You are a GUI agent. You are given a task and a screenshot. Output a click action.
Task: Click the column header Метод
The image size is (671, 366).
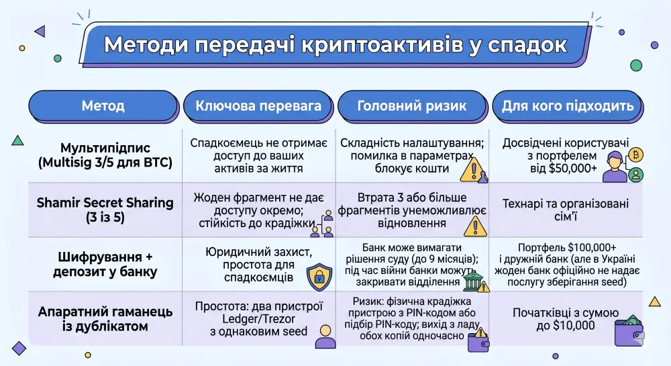[103, 106]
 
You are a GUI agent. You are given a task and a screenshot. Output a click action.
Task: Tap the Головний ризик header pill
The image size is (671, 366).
[411, 106]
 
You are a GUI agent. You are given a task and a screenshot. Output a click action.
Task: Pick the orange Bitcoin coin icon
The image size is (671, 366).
[635, 155]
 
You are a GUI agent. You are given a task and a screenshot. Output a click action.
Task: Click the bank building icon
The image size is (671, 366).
[474, 281]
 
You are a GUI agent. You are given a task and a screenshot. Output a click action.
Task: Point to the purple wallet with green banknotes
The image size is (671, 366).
[629, 332]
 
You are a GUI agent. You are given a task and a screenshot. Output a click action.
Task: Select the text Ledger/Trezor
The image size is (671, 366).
[259, 318]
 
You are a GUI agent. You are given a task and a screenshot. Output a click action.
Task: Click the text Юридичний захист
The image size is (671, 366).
[259, 250]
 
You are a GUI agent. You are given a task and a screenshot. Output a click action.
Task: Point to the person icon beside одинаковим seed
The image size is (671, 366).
[325, 335]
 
